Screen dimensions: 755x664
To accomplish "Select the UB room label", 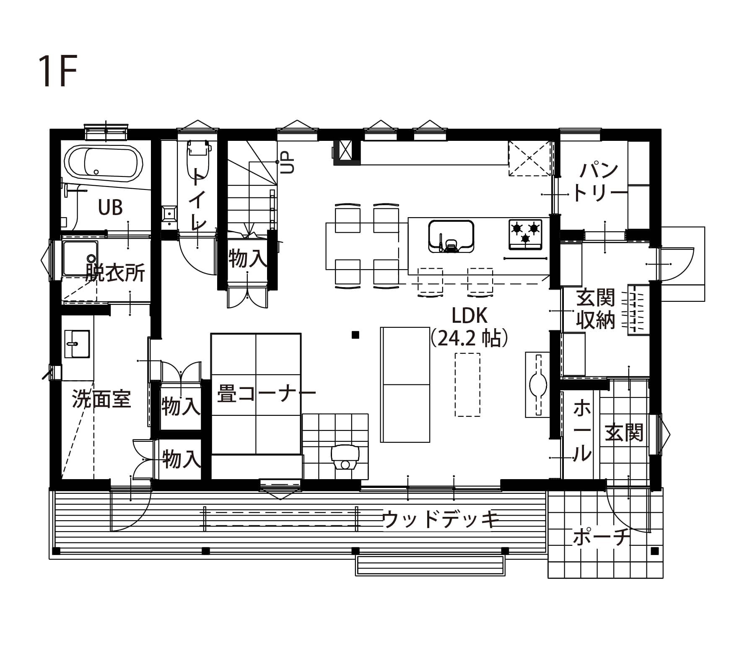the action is click(110, 207).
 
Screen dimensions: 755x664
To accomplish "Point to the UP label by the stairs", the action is click(288, 163).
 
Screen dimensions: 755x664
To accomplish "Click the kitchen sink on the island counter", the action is click(451, 236).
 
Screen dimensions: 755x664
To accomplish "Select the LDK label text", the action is click(469, 315).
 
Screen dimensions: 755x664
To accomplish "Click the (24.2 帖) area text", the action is click(470, 338).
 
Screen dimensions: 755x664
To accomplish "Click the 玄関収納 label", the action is click(595, 309).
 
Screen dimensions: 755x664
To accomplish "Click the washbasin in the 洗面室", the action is click(77, 344).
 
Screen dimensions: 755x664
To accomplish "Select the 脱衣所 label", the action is click(115, 272).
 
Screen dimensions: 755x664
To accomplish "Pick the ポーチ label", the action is click(602, 537).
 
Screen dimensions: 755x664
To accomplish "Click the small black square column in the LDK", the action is click(355, 335).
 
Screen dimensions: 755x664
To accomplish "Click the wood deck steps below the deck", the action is click(430, 565).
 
